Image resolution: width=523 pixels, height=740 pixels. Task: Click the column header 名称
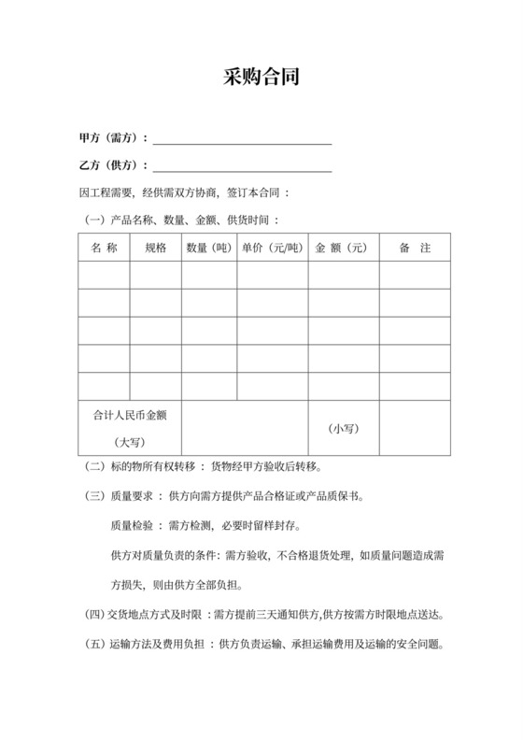pyautogui.click(x=104, y=249)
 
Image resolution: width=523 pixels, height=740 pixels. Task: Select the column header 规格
pyautogui.click(x=155, y=249)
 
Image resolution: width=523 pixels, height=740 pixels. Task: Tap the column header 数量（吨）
pyautogui.click(x=209, y=249)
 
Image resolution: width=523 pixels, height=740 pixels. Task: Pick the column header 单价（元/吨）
pyautogui.click(x=273, y=249)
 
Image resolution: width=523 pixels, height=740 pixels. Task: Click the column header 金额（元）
pyautogui.click(x=343, y=249)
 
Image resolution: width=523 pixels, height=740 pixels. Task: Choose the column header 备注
pyautogui.click(x=413, y=249)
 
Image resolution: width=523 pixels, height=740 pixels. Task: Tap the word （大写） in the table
pyautogui.click(x=130, y=441)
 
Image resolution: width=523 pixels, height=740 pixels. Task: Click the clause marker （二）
pyautogui.click(x=94, y=466)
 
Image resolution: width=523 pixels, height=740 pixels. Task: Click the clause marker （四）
pyautogui.click(x=94, y=615)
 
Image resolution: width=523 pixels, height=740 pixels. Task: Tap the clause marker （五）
pyautogui.click(x=94, y=645)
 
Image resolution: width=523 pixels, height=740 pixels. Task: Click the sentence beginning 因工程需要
pyautogui.click(x=187, y=194)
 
